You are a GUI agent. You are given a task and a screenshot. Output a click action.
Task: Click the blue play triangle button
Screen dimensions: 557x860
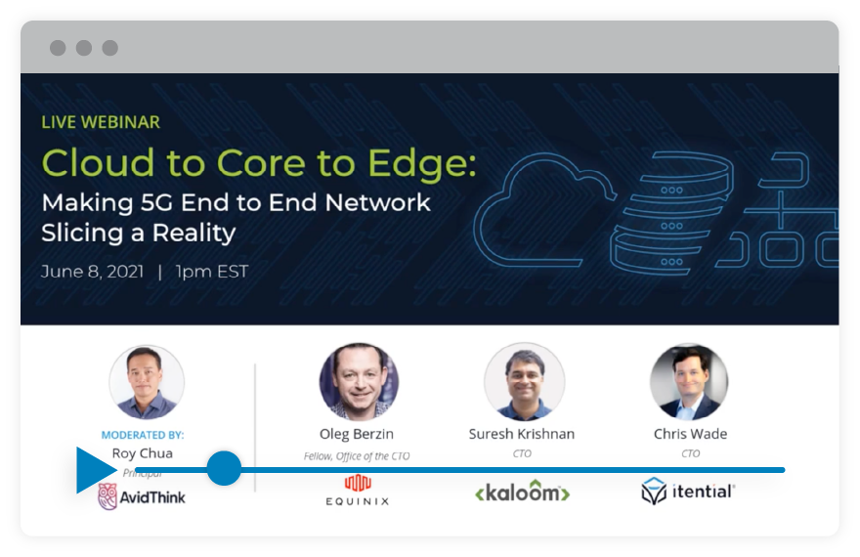click(x=95, y=470)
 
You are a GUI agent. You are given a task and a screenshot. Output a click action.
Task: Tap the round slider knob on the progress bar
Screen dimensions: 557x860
click(x=224, y=468)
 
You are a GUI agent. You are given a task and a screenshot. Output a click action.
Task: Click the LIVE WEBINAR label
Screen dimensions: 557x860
click(x=101, y=122)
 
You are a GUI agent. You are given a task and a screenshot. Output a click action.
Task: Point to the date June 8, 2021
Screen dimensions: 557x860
click(x=92, y=271)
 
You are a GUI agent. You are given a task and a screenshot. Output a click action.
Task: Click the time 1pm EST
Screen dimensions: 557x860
click(x=211, y=271)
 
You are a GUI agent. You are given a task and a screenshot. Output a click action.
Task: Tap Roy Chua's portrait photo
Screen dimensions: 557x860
click(x=147, y=382)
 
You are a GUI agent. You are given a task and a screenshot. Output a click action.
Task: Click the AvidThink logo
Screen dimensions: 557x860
click(x=142, y=497)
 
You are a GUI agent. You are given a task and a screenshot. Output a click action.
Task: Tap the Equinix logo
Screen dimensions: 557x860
click(x=358, y=490)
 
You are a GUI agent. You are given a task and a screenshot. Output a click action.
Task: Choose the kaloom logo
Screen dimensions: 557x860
click(x=522, y=493)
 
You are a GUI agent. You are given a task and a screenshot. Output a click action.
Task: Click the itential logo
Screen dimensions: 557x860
click(x=688, y=491)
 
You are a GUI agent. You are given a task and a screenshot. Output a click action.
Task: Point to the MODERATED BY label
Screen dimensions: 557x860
click(x=143, y=435)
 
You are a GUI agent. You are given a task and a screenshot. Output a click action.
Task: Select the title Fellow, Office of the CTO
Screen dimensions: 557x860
click(x=358, y=455)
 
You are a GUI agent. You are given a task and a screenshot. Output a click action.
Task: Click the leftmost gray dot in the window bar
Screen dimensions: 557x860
click(x=58, y=48)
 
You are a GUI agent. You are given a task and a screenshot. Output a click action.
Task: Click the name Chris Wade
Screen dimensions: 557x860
click(x=690, y=434)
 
